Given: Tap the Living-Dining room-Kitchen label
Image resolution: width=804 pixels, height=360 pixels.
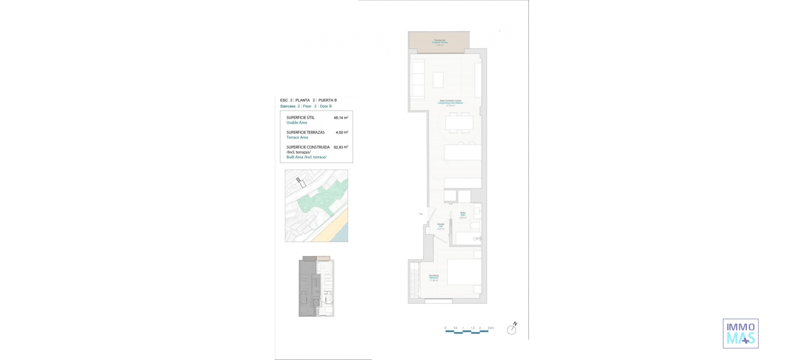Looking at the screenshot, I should (x=450, y=103).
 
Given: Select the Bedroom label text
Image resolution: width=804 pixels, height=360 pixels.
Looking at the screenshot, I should (x=433, y=278).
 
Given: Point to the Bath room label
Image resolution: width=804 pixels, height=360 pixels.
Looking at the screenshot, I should (x=463, y=215).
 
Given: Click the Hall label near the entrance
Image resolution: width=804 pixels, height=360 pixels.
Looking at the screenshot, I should (x=441, y=226).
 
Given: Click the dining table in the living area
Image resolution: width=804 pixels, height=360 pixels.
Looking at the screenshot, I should (x=459, y=123).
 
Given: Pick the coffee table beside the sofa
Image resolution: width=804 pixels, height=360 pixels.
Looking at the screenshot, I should (x=438, y=80).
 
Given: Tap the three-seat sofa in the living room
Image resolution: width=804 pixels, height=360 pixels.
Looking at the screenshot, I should (x=417, y=79).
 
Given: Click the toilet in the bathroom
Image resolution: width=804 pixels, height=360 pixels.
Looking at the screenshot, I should (x=476, y=226).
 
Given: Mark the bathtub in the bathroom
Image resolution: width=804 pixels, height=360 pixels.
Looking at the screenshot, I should (x=468, y=239).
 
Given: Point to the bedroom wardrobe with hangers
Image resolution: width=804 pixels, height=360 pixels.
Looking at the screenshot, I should (x=414, y=279).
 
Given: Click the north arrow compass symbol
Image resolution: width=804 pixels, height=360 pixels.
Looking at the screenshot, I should (x=512, y=329).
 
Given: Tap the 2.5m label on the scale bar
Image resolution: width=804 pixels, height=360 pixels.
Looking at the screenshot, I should (x=490, y=328).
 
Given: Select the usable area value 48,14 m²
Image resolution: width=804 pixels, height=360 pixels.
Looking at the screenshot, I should (x=340, y=118).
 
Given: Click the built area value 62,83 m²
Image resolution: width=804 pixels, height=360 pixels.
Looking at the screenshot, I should (x=340, y=147).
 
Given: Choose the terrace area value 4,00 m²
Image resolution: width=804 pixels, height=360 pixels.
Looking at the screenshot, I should (x=341, y=132).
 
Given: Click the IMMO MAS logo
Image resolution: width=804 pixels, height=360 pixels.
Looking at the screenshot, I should (x=740, y=334).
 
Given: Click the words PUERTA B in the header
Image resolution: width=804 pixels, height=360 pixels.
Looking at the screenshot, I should (x=327, y=100).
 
